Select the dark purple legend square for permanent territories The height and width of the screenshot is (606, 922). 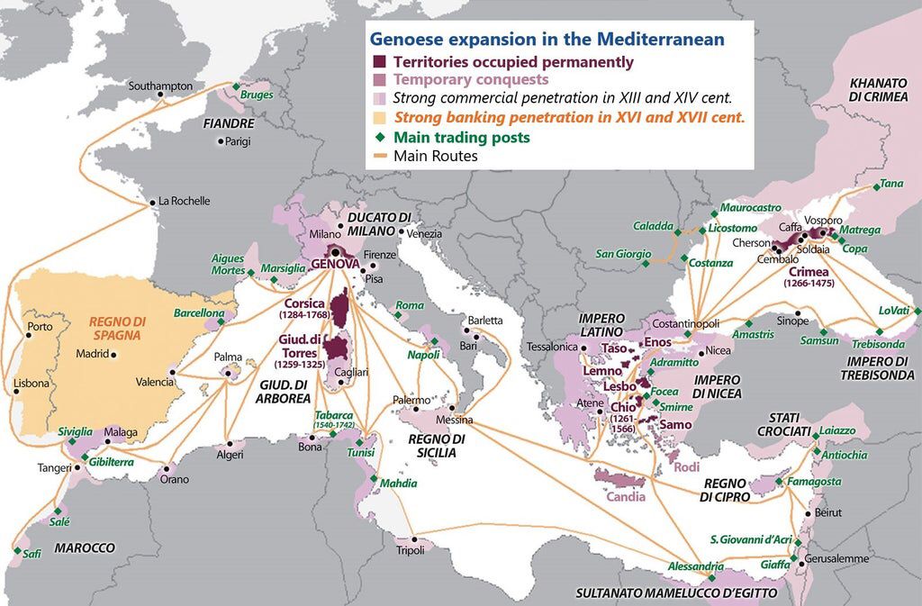click(x=380, y=62)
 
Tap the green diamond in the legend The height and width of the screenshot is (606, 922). click(x=380, y=137)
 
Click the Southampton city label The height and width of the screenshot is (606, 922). click(x=160, y=86)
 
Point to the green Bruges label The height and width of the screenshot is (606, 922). click(x=257, y=95)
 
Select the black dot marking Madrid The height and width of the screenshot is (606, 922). click(x=113, y=354)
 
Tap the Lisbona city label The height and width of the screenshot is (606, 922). click(x=32, y=384)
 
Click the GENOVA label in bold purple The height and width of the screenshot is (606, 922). click(x=335, y=264)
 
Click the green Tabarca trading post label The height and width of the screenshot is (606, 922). click(x=334, y=420)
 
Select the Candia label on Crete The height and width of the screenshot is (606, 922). click(x=625, y=496)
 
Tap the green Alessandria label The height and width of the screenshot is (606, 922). click(x=695, y=566)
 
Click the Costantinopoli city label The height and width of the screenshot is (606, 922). click(x=685, y=322)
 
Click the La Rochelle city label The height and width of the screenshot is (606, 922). click(x=185, y=201)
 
